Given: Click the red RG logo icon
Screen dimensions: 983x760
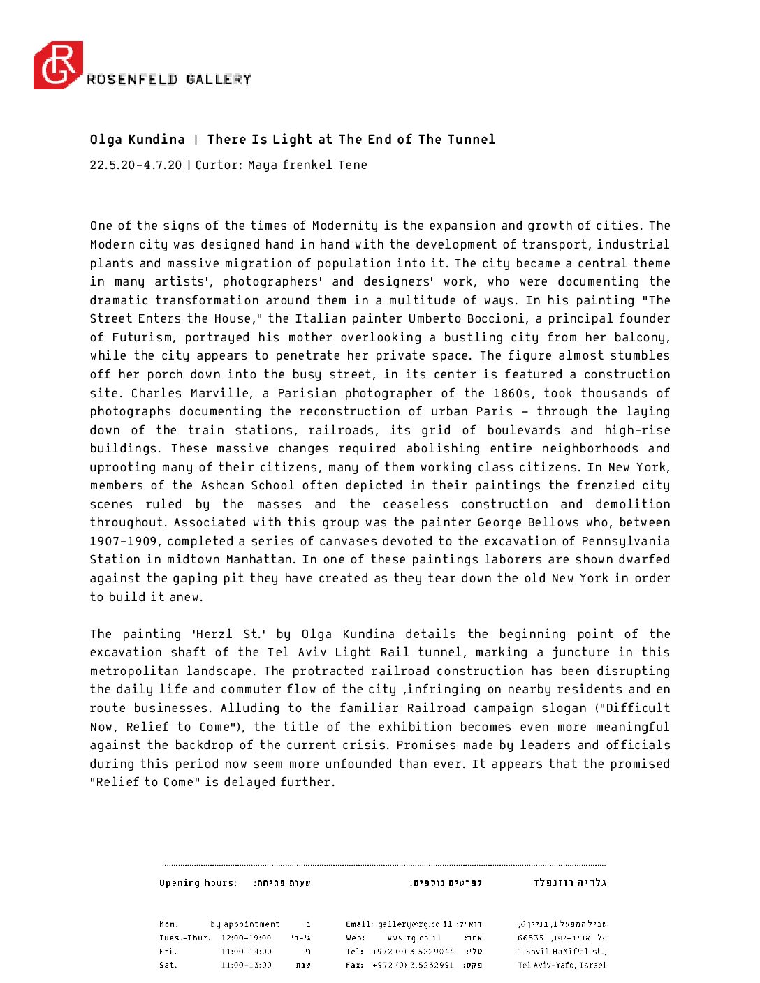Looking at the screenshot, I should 58,65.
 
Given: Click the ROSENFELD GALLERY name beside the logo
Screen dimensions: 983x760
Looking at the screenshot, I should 168,80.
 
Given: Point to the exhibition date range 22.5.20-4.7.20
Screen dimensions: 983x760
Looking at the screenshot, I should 136,165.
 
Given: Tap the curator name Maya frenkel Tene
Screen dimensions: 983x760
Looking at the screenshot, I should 307,165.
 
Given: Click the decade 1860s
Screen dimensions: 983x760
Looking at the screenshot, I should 513,393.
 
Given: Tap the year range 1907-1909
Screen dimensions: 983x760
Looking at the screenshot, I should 124,541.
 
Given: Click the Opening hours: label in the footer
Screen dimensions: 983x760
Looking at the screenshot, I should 198,883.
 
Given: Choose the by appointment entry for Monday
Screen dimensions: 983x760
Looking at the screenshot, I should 244,924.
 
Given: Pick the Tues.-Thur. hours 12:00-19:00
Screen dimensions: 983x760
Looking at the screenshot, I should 246,938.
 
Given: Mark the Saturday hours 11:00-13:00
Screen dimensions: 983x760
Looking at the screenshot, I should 246,966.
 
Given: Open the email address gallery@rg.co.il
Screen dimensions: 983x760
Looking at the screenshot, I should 415,924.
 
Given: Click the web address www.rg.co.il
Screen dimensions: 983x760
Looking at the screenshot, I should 414,938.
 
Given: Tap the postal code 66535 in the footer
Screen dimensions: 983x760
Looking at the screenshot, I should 531,938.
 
